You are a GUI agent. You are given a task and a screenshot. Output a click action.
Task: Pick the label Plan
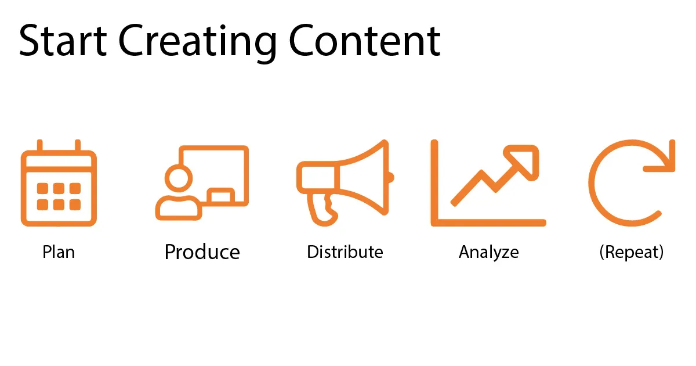(x=59, y=252)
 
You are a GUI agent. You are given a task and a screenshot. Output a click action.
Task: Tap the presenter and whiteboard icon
(x=202, y=182)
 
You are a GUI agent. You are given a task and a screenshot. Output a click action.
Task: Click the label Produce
(x=202, y=252)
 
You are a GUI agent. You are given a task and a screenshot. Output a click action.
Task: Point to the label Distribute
(x=345, y=252)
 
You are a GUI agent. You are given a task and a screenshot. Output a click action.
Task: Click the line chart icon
(x=488, y=182)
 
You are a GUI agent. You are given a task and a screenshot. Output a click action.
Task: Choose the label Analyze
(x=488, y=252)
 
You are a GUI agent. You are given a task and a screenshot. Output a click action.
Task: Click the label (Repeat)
(x=632, y=252)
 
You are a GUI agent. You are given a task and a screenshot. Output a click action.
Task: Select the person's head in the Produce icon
(x=177, y=177)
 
